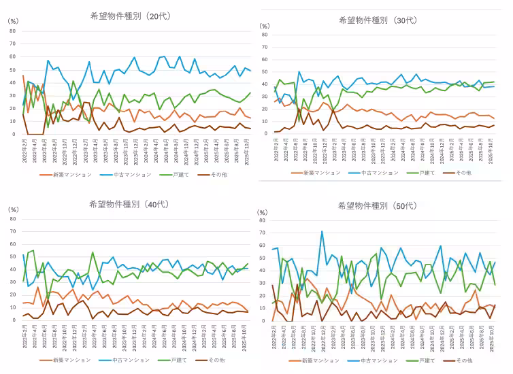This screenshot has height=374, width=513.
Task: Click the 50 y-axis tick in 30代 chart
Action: point(266,70)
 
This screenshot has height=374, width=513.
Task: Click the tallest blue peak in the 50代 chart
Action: point(322,232)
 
